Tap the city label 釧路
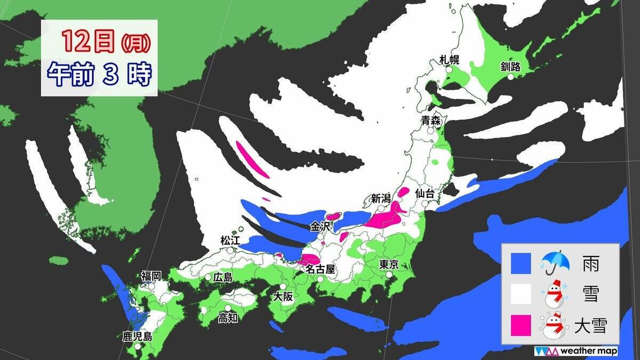(x=510, y=67)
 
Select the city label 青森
(x=430, y=121)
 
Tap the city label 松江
(x=231, y=241)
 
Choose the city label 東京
(x=389, y=265)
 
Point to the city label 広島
(x=222, y=277)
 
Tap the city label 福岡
(x=151, y=276)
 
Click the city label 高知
(x=228, y=318)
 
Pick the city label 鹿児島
(x=137, y=337)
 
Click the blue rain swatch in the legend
(x=521, y=263)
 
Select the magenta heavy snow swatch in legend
(x=521, y=325)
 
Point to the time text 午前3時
(x=99, y=75)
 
